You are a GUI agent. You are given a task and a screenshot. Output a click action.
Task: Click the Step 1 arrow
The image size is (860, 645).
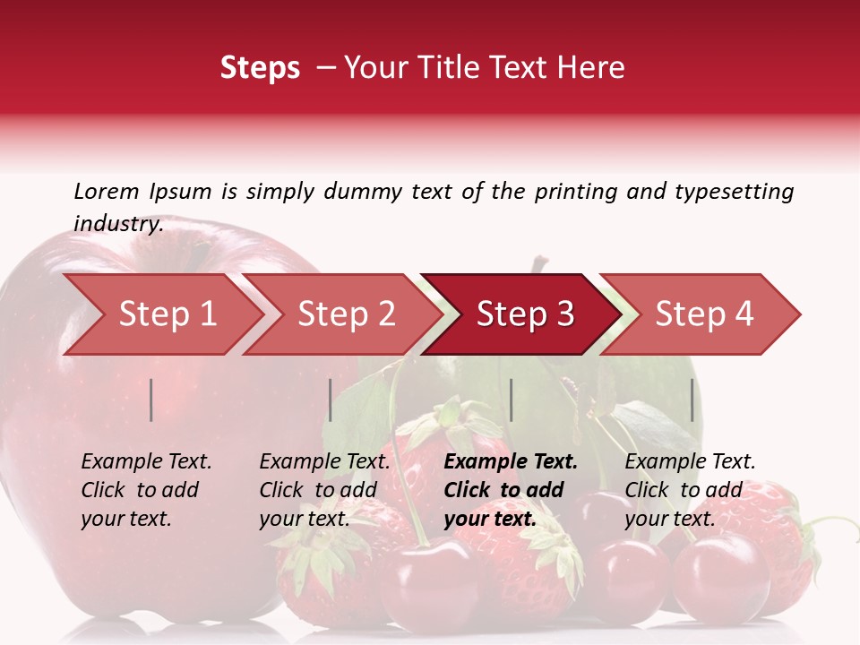(x=167, y=314)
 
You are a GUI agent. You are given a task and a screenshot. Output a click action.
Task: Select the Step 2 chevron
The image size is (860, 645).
(x=346, y=314)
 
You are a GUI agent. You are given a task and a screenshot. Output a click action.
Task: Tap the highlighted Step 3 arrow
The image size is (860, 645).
(x=524, y=314)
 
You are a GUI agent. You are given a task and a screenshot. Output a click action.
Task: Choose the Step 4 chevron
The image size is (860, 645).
(x=704, y=314)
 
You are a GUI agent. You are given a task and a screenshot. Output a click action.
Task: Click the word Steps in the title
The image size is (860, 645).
(x=260, y=68)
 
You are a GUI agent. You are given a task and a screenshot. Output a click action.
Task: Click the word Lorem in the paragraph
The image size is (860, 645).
(x=106, y=191)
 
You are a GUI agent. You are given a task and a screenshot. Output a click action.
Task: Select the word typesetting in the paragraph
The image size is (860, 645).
(x=734, y=191)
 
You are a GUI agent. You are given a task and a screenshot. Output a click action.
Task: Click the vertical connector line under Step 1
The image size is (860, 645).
(x=151, y=400)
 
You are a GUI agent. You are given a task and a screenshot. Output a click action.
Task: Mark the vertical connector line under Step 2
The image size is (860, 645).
(x=331, y=400)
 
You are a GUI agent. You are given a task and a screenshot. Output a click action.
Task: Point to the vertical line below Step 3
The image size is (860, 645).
(x=511, y=400)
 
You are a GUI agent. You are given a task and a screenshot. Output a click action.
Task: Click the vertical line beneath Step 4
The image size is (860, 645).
(x=692, y=400)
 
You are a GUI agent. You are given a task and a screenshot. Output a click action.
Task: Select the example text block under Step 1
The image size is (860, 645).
(x=145, y=490)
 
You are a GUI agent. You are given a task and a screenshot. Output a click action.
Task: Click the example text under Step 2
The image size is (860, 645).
(x=324, y=490)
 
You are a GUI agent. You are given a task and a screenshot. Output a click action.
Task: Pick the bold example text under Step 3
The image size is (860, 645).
(x=510, y=490)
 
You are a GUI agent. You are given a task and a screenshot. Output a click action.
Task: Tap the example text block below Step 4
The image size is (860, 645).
(x=689, y=490)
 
